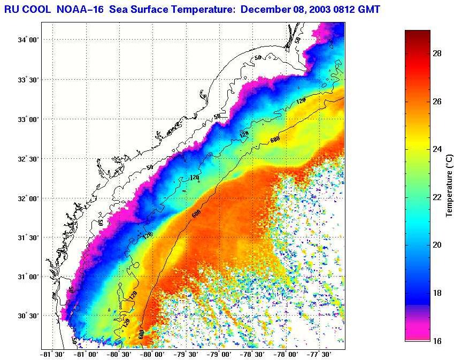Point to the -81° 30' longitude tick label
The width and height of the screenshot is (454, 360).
coord(52,354)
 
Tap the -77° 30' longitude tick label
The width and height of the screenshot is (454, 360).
coord(320,354)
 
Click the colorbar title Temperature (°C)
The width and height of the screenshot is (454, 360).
coord(450,185)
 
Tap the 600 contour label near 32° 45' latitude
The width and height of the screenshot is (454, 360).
coord(275,140)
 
